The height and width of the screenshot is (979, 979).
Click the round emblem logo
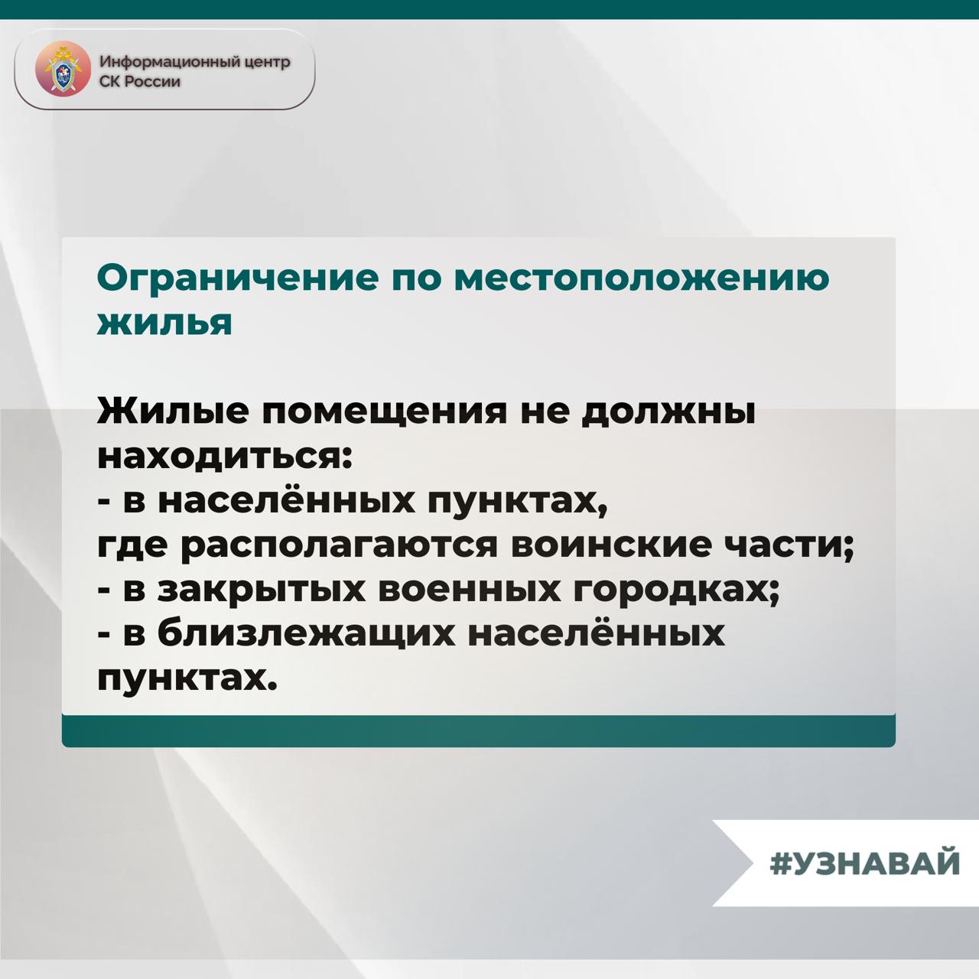(x=63, y=69)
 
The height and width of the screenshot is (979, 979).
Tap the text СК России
(x=140, y=81)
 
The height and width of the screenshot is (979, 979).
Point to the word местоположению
(x=642, y=279)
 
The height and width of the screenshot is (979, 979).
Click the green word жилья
(x=164, y=323)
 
